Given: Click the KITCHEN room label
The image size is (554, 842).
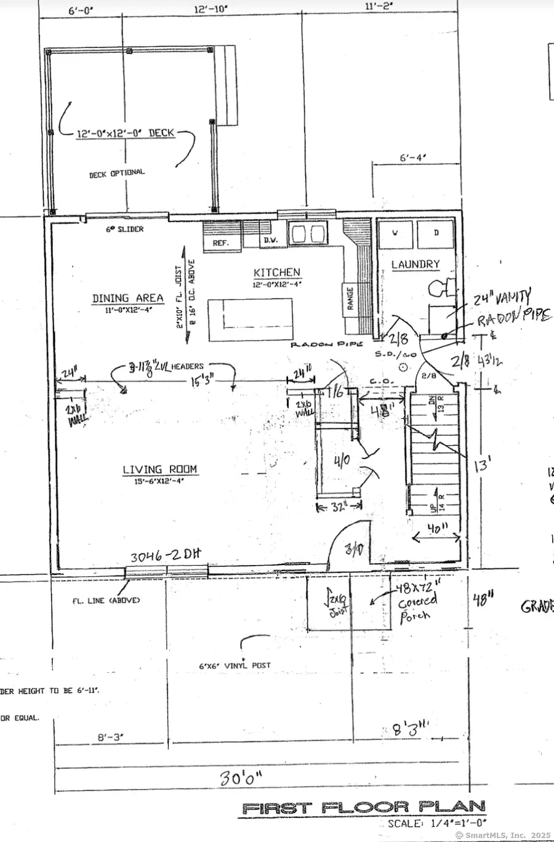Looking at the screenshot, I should point(277,272).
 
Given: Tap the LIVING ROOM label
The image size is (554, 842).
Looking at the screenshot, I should point(159,470).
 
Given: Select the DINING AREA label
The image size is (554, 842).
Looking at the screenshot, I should point(127,298).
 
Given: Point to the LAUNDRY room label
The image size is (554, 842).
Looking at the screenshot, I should point(415,264).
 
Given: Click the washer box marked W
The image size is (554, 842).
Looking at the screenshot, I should point(395,234).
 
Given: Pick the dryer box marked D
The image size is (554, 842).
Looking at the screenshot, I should point(436,234).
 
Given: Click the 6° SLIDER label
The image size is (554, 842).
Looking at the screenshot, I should point(124,229).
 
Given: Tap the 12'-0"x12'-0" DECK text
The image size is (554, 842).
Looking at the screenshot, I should point(126,133).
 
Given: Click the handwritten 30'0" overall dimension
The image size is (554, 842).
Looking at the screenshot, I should point(241,777).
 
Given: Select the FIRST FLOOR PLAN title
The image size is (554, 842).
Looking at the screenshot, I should point(363,807).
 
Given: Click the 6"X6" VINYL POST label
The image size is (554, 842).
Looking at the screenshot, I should point(235,665).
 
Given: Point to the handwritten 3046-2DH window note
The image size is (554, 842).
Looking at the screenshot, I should point(165,556).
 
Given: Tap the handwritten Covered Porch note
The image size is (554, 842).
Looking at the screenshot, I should point(417,603).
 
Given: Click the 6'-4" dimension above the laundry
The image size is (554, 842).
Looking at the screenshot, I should point(413,158).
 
